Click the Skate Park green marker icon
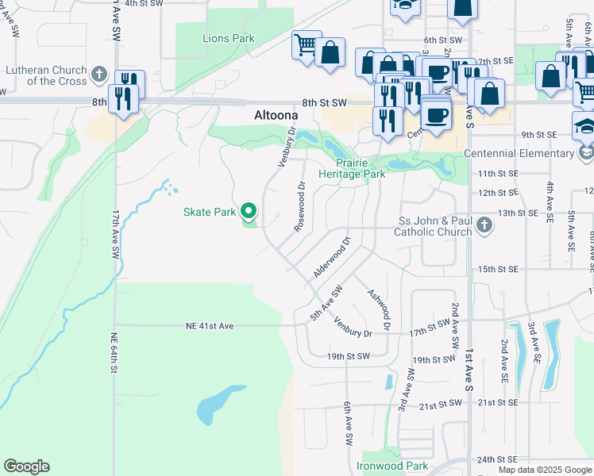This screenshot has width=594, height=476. [x=249, y=211]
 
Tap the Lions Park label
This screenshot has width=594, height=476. [x=228, y=38]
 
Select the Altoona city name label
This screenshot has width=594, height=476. [x=276, y=114]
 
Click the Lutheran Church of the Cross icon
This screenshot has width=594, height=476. [x=98, y=75]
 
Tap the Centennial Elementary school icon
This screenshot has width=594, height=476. [x=586, y=152]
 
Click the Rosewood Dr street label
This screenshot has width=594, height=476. [x=300, y=207]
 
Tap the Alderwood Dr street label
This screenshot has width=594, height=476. [x=332, y=255]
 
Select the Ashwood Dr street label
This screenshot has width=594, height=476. [x=379, y=309]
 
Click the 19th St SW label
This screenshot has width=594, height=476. [x=348, y=357]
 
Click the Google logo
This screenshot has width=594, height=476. [x=26, y=466]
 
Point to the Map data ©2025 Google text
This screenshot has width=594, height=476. [x=544, y=470]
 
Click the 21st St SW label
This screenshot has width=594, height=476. [x=441, y=405]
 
